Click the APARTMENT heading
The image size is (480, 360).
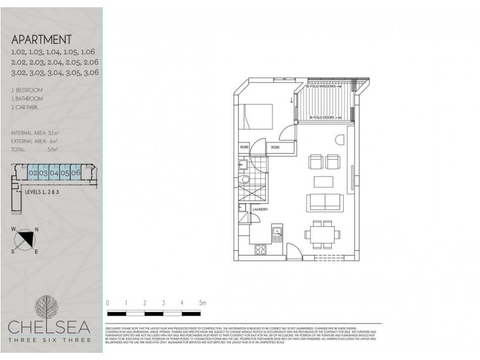click(x=42, y=40)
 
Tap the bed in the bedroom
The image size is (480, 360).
click(x=257, y=116)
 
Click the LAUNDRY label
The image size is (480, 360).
click(x=259, y=209)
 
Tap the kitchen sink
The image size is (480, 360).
click(x=277, y=233)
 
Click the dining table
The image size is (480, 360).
click(x=321, y=232)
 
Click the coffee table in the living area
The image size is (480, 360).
click(x=322, y=181)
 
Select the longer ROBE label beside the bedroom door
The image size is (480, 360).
click(x=275, y=147)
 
